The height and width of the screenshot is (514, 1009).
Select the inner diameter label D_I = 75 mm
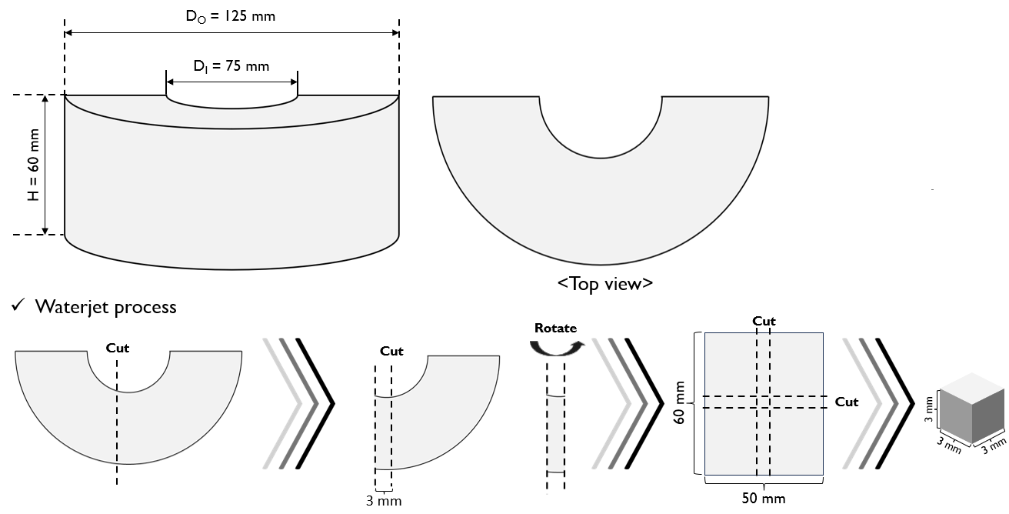(231, 66)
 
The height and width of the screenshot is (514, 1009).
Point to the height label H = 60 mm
(33, 165)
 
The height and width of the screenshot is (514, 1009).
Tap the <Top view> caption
(605, 283)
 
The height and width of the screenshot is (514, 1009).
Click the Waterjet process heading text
(105, 307)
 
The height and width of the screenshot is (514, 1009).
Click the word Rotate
(555, 328)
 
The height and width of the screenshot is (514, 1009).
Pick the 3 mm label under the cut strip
(384, 501)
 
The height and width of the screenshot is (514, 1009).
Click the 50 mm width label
(764, 499)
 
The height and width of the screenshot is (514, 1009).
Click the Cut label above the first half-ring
(118, 348)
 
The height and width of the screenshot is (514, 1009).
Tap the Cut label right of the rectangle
(847, 402)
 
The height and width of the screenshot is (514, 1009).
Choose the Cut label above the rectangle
(764, 321)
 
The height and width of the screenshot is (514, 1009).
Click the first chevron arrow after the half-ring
(298, 402)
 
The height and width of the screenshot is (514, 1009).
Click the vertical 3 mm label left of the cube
(929, 409)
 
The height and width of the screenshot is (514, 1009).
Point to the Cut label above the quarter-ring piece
(391, 351)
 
